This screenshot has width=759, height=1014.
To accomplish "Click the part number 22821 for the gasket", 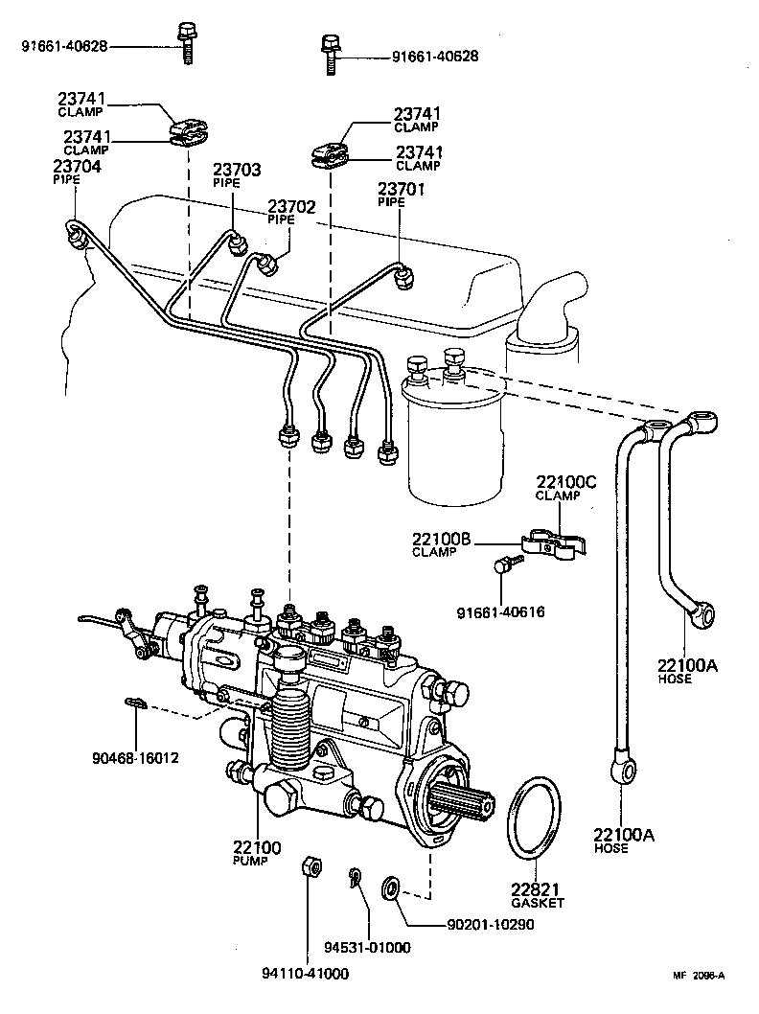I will tap(537, 888).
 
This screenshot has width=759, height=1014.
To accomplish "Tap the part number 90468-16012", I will tap(134, 758).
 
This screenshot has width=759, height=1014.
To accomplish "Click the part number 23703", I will tap(237, 170).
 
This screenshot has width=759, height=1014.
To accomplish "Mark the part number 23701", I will tap(401, 189).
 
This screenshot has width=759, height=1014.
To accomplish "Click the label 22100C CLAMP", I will tap(565, 488).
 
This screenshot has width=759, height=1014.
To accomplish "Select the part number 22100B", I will tap(447, 542).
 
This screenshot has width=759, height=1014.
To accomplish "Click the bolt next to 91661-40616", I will tap(500, 566).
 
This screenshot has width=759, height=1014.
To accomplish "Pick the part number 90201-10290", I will tap(490, 925).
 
